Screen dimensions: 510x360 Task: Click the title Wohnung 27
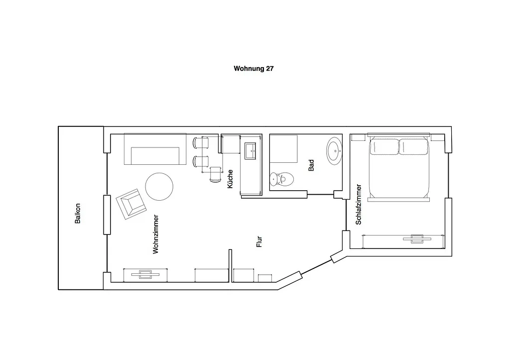click(254, 69)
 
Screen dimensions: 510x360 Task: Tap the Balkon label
click(77, 214)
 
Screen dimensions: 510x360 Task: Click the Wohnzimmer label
click(156, 234)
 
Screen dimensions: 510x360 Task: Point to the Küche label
click(230, 179)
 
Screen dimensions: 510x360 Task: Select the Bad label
click(311, 165)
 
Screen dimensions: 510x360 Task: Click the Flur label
click(259, 241)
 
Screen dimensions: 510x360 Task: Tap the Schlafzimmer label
click(359, 205)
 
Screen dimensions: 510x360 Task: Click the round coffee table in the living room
click(159, 187)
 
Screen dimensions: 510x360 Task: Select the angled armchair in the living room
click(131, 204)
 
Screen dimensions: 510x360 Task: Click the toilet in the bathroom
click(282, 179)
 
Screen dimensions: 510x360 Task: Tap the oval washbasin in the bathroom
click(334, 151)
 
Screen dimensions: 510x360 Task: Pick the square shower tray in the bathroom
click(283, 148)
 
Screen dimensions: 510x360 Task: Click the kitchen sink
click(251, 151)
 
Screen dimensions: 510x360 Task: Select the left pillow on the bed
click(384, 147)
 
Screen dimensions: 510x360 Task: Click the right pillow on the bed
click(413, 147)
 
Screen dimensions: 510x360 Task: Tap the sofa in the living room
click(155, 149)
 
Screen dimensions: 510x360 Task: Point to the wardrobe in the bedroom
click(403, 241)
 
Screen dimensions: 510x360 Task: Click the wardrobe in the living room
click(145, 275)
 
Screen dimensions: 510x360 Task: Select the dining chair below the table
click(215, 174)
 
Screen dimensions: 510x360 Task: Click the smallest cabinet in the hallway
click(265, 278)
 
